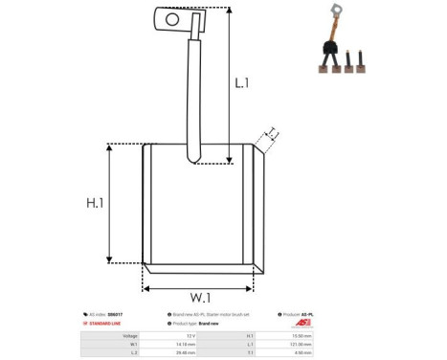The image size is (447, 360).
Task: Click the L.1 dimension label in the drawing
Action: click(243, 84)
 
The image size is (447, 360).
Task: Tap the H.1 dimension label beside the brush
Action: click(93, 203)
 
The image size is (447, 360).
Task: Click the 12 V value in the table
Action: click(191, 336)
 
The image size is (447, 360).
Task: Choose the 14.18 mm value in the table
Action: click(188, 345)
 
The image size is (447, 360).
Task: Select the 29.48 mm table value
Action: click(188, 353)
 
